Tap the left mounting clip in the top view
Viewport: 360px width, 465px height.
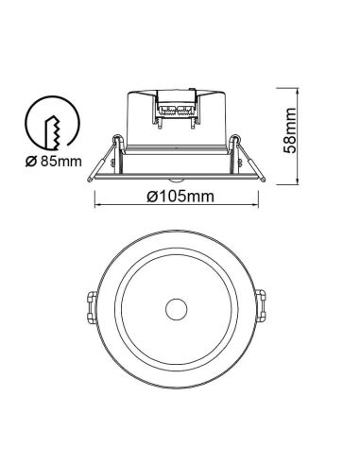89,308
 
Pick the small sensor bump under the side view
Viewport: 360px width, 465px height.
176,179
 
